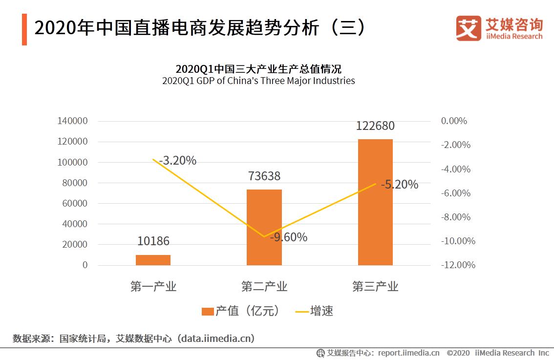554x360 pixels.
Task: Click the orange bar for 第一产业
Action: coord(153,260)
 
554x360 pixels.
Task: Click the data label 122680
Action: coord(375,126)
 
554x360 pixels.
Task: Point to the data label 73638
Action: coord(264,176)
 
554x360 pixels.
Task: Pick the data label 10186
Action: coord(153,241)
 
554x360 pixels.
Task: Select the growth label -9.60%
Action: coord(288,237)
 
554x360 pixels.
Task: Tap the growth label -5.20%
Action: coord(399,185)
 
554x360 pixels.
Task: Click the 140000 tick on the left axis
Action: coord(72,121)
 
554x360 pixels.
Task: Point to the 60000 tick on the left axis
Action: coord(75,204)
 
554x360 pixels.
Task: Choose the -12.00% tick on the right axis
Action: coord(458,265)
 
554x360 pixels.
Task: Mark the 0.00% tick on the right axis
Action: coord(454,121)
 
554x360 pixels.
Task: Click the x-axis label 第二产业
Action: coord(264,287)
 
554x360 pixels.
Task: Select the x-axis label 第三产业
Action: coord(375,287)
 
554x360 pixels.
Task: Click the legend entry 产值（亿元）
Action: coord(241,311)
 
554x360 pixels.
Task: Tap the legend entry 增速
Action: coord(315,311)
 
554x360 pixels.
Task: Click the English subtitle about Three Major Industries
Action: coord(258,81)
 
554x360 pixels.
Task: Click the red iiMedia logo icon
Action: coord(469,28)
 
